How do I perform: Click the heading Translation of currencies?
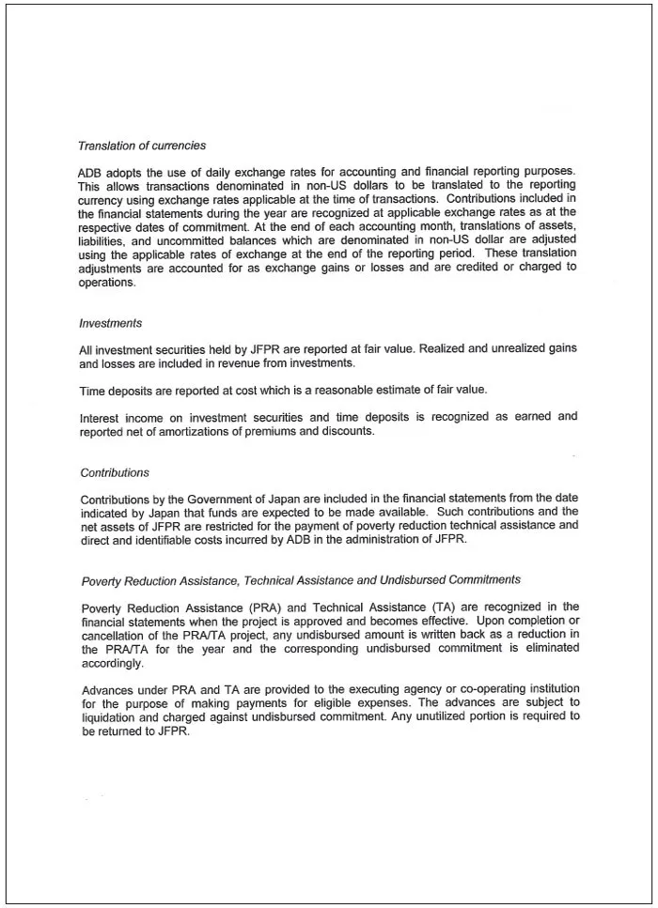pyautogui.click(x=142, y=146)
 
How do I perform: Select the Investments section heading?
pyautogui.click(x=110, y=323)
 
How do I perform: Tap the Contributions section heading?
pyautogui.click(x=115, y=472)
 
